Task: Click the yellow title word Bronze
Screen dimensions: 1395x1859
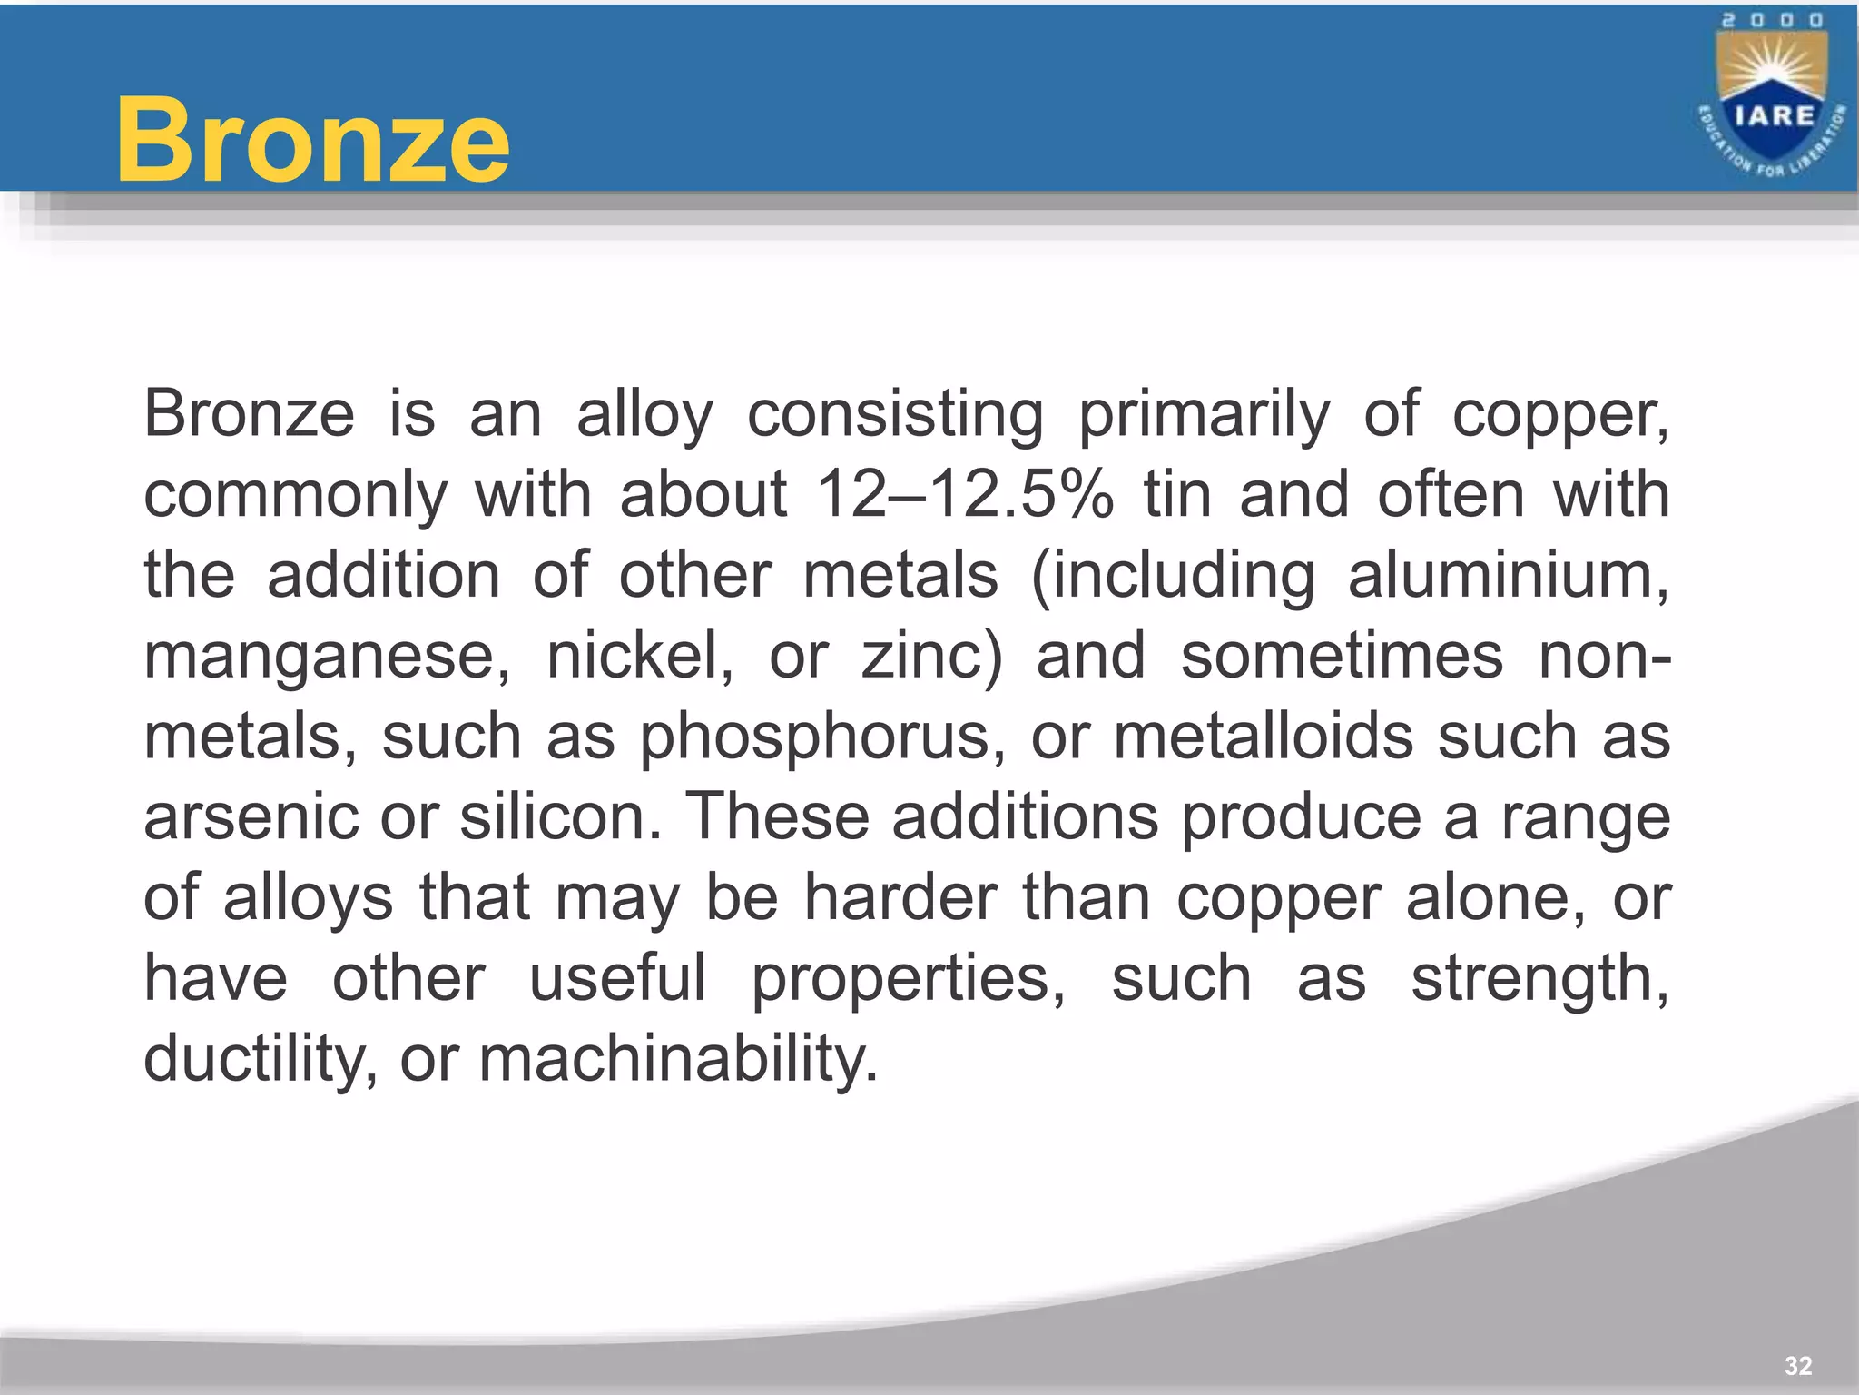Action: (312, 141)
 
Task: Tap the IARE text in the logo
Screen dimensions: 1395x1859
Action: (1774, 116)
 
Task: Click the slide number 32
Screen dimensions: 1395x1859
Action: (1798, 1366)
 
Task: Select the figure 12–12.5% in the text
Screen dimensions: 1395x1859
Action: (965, 495)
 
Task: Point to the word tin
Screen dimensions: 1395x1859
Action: (1177, 495)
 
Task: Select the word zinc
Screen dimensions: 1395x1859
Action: (931, 656)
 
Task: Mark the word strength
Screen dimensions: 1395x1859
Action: (1539, 979)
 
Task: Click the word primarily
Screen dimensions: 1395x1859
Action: (1204, 415)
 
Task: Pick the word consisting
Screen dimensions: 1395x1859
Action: (895, 415)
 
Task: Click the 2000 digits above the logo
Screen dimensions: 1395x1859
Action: (1773, 20)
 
